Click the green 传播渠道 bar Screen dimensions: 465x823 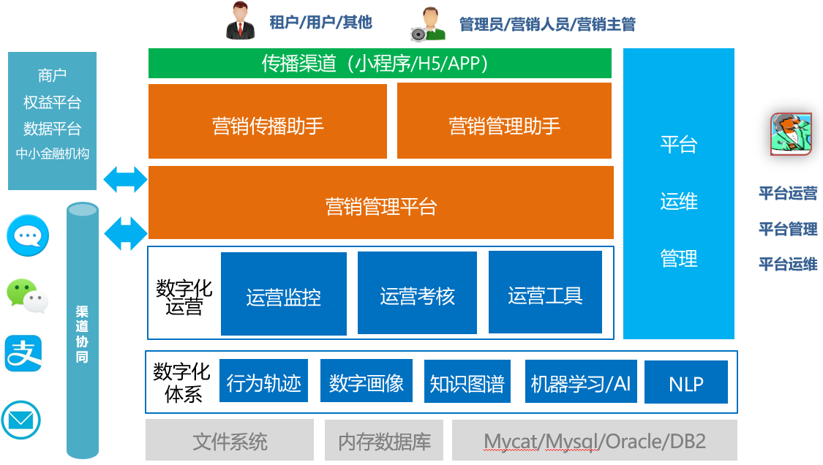coord(380,64)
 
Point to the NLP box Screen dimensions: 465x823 coord(685,382)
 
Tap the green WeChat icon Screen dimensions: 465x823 coord(27,295)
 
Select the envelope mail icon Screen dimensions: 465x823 coord(20,420)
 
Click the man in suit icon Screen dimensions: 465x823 coord(241,21)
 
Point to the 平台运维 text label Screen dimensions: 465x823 coord(788,264)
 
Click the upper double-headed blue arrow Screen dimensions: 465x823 coord(125,179)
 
